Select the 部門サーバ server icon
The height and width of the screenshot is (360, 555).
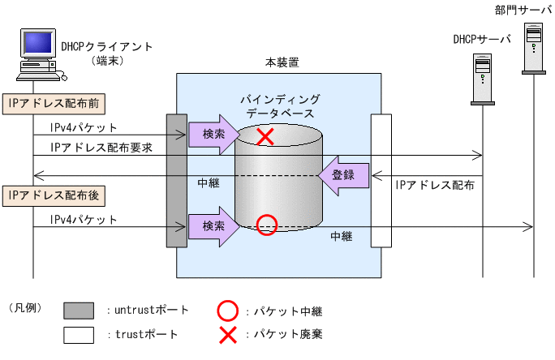[534, 47]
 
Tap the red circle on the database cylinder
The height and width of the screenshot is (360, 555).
[265, 225]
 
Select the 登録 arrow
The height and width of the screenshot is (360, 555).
[344, 174]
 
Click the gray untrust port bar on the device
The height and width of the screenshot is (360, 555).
[177, 180]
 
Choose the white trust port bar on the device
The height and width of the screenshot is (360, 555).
[381, 180]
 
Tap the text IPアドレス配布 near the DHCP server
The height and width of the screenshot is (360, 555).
[435, 186]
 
